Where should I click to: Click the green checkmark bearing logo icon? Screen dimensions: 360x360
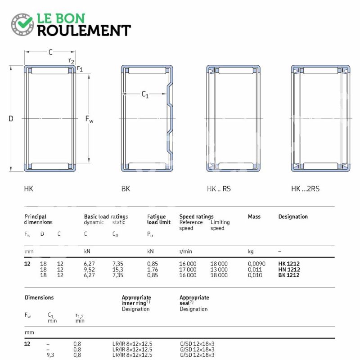pyautogui.click(x=22, y=24)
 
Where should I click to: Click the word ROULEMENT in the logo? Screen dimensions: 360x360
pyautogui.click(x=84, y=31)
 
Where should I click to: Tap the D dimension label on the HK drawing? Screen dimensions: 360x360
pyautogui.click(x=11, y=118)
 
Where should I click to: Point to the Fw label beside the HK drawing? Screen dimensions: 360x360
pyautogui.click(x=89, y=119)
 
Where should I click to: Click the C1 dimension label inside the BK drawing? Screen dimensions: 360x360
pyautogui.click(x=145, y=94)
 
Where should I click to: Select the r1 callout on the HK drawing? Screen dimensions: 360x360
pyautogui.click(x=80, y=68)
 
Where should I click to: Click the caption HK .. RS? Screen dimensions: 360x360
pyautogui.click(x=219, y=189)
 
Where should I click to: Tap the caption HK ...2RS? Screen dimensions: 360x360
pyautogui.click(x=305, y=189)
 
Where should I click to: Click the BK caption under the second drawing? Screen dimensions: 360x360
pyautogui.click(x=126, y=189)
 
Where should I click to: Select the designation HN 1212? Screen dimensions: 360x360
pyautogui.click(x=289, y=269)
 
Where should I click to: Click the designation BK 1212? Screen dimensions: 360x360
pyautogui.click(x=289, y=275)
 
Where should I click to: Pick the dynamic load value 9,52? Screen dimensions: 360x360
pyautogui.click(x=89, y=270)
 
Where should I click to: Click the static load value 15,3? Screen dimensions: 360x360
pyautogui.click(x=118, y=270)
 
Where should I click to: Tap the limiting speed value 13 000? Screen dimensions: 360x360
pyautogui.click(x=219, y=269)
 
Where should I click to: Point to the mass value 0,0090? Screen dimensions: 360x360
pyautogui.click(x=256, y=264)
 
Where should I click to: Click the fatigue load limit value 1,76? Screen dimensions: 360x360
pyautogui.click(x=153, y=270)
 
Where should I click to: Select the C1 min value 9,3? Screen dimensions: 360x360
pyautogui.click(x=50, y=355)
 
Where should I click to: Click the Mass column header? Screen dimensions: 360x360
pyautogui.click(x=254, y=216)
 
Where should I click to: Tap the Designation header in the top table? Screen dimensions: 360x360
pyautogui.click(x=293, y=216)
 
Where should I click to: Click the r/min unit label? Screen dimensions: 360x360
pyautogui.click(x=185, y=252)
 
